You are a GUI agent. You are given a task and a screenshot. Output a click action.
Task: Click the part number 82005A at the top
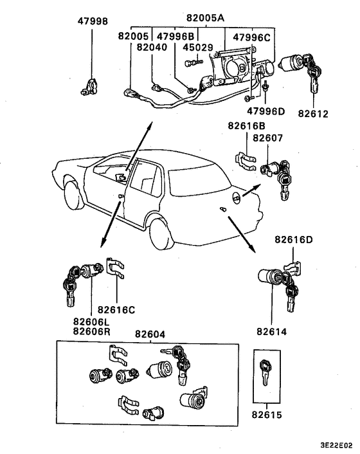205,18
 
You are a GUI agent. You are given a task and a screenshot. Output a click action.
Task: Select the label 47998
93,21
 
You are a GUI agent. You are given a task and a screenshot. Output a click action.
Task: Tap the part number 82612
314,113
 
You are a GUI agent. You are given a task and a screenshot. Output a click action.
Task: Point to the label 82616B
247,125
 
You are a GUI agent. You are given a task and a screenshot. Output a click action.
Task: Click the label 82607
267,138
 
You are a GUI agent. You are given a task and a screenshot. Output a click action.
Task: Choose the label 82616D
294,240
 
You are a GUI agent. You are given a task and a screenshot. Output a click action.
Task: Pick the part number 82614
272,332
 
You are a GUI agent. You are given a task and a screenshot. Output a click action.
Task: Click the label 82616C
116,310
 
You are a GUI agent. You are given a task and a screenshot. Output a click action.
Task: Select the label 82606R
92,331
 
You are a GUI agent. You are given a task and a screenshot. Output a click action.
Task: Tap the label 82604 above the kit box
150,334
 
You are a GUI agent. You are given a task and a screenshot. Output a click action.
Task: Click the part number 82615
267,415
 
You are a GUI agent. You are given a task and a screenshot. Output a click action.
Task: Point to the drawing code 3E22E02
337,445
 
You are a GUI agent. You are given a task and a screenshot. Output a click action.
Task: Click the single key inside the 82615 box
265,372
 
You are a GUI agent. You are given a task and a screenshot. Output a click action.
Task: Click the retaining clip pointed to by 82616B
246,161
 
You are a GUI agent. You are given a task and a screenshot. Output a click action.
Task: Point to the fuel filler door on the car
237,199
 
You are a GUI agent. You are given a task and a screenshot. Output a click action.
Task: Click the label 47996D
266,111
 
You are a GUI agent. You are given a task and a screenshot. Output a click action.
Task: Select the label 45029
198,47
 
